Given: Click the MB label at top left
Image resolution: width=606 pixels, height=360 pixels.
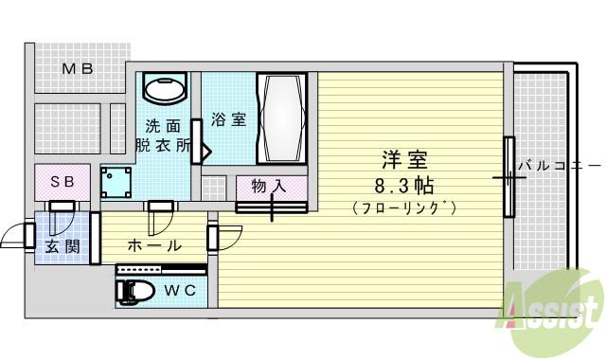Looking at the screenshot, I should (77, 68).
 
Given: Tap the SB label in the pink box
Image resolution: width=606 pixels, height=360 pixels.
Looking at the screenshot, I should (62, 180).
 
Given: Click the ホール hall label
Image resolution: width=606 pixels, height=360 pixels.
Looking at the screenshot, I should (153, 245).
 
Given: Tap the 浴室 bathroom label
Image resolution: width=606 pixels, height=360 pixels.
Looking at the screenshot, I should (228, 120).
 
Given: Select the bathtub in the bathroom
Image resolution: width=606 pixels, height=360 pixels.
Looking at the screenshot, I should (282, 119).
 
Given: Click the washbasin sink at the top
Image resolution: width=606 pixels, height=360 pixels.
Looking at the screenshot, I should (165, 89).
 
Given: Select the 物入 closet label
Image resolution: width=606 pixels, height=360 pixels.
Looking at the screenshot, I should (269, 187).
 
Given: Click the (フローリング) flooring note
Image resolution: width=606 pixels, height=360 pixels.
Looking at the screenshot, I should (404, 207).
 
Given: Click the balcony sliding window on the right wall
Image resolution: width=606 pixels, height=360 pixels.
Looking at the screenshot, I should (508, 176).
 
